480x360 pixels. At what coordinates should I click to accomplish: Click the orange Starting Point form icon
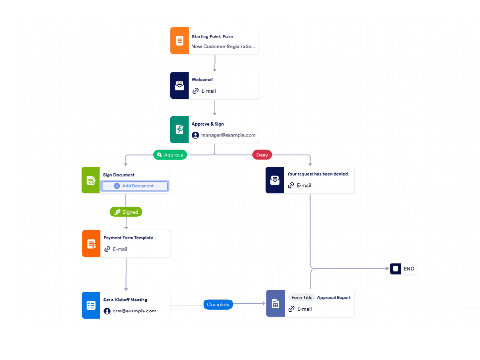[180, 41]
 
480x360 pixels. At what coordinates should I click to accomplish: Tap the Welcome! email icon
[180, 85]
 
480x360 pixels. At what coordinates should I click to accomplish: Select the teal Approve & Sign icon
[180, 130]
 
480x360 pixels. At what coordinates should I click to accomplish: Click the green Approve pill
[170, 155]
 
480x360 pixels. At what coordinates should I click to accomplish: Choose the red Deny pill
[262, 155]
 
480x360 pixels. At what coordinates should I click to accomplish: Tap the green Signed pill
[126, 212]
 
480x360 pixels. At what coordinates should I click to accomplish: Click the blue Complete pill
[218, 305]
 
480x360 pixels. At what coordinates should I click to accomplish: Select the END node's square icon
[396, 269]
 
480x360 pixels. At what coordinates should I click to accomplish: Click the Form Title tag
[302, 297]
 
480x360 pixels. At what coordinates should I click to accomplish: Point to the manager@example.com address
[228, 135]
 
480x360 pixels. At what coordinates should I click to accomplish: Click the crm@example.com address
[134, 311]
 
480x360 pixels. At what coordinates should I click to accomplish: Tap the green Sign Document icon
[91, 180]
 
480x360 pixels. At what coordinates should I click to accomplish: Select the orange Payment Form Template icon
[91, 244]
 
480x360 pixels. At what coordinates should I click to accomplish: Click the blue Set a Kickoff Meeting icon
[91, 305]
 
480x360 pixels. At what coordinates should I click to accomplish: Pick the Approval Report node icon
[276, 303]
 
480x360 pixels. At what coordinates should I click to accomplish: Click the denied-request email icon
[275, 180]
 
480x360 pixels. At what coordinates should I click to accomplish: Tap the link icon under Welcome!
[196, 91]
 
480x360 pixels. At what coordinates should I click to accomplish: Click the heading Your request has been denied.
[318, 174]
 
